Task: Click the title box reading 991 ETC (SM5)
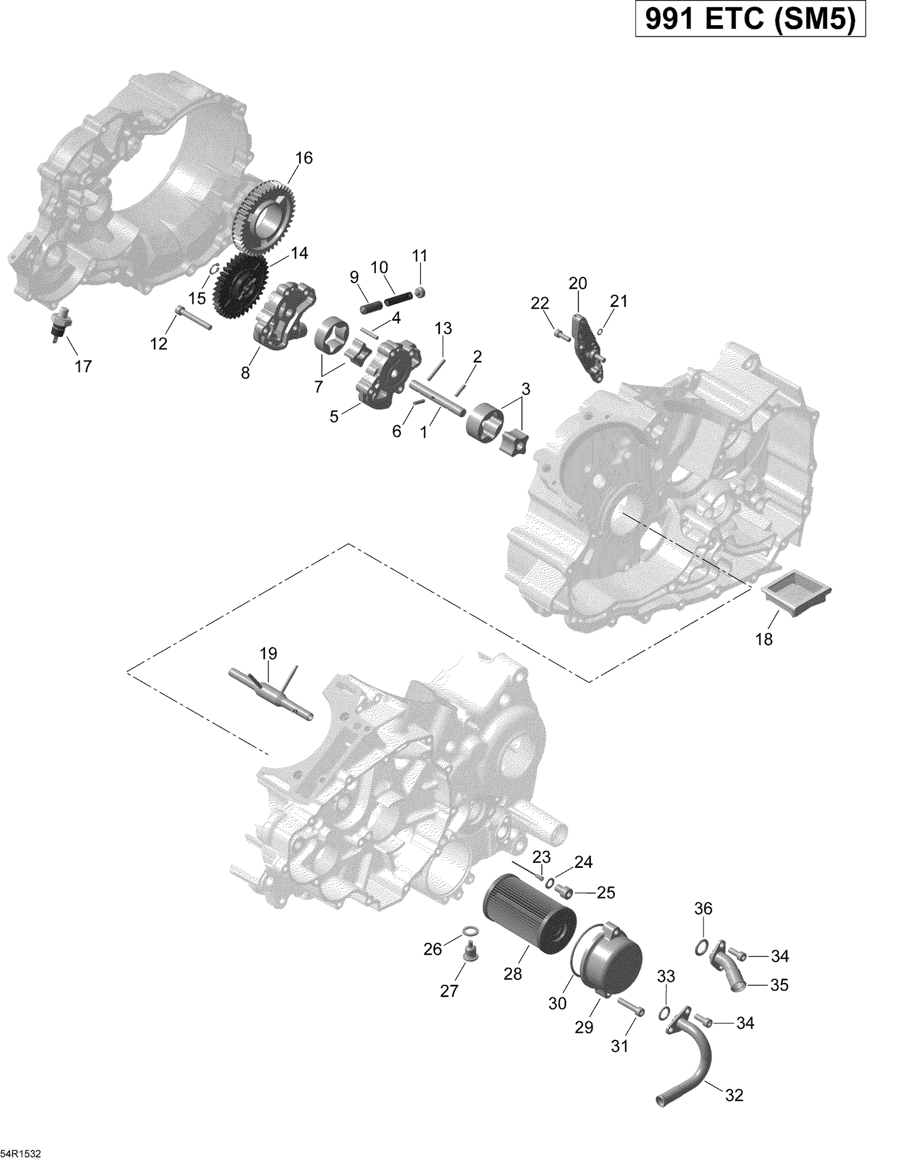(750, 20)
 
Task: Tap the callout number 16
(304, 158)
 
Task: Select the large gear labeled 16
(263, 210)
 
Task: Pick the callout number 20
(578, 283)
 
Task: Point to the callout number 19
(269, 653)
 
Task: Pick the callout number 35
(779, 985)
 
